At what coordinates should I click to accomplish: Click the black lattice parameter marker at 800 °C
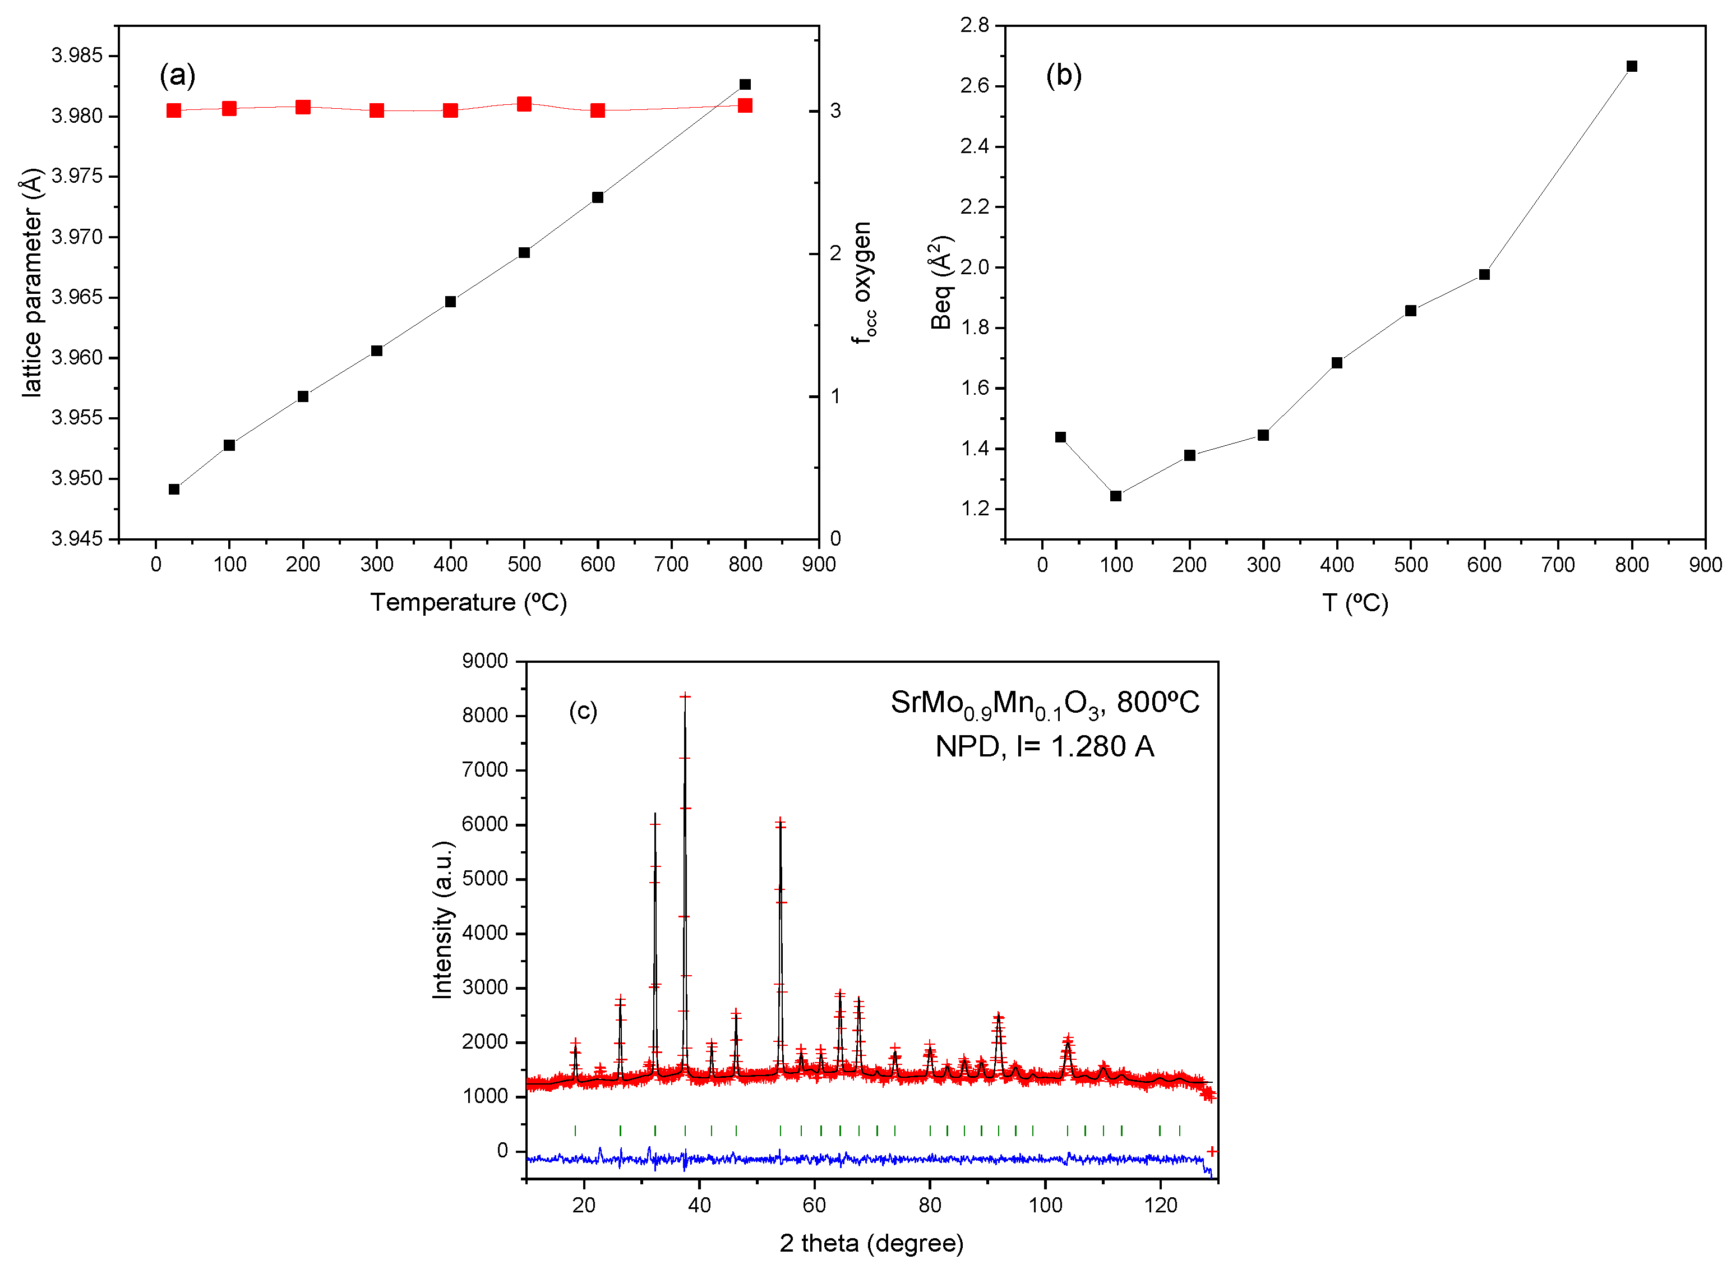click(x=744, y=85)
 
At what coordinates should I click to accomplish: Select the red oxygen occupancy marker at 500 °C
click(x=524, y=104)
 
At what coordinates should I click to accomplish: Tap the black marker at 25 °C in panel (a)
click(x=174, y=490)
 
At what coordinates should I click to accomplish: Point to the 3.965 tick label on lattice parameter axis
click(x=77, y=297)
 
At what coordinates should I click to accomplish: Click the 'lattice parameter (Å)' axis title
click(x=31, y=282)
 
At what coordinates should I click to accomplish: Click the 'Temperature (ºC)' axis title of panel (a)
click(x=469, y=602)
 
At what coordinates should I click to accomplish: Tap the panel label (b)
click(x=1063, y=75)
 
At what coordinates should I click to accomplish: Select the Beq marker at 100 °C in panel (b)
click(x=1115, y=496)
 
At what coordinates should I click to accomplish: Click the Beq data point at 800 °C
click(x=1632, y=66)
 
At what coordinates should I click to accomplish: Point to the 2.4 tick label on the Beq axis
click(x=974, y=146)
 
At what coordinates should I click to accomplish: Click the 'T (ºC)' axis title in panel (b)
click(x=1355, y=603)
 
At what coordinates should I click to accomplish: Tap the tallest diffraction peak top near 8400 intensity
click(x=685, y=696)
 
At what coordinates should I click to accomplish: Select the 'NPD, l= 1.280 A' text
click(x=1044, y=746)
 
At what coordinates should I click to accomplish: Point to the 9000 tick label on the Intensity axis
click(x=484, y=661)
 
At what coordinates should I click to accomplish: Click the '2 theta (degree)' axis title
click(x=871, y=1243)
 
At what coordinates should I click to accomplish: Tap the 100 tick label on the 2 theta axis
click(x=1045, y=1205)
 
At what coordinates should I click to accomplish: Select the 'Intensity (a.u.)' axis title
click(x=443, y=920)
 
